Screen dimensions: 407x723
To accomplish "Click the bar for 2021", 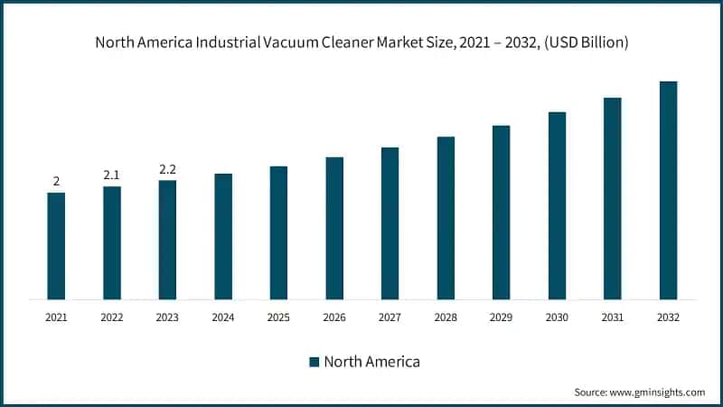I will (x=56, y=245).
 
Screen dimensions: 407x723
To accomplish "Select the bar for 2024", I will (x=223, y=236).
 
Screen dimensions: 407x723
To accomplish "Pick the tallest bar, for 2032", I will (x=668, y=190).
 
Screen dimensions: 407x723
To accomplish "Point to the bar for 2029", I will (x=501, y=212).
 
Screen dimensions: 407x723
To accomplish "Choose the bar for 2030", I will (x=557, y=205).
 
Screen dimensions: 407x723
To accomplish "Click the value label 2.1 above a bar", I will (x=112, y=175).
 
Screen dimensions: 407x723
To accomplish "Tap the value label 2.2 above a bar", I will (x=167, y=168).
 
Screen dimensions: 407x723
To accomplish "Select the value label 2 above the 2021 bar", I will (x=56, y=181).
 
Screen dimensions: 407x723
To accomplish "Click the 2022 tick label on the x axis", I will (x=112, y=317).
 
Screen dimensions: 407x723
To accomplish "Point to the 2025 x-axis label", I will (x=278, y=317).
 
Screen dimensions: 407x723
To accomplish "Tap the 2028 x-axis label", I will (x=446, y=317).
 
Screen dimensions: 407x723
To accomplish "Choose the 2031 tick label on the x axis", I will (x=613, y=317).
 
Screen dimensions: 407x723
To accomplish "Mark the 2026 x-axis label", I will (x=334, y=317).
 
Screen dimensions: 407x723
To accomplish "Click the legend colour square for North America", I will (x=315, y=362).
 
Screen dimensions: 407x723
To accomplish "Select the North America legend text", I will (x=372, y=362).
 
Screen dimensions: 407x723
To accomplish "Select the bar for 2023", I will (x=167, y=240).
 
